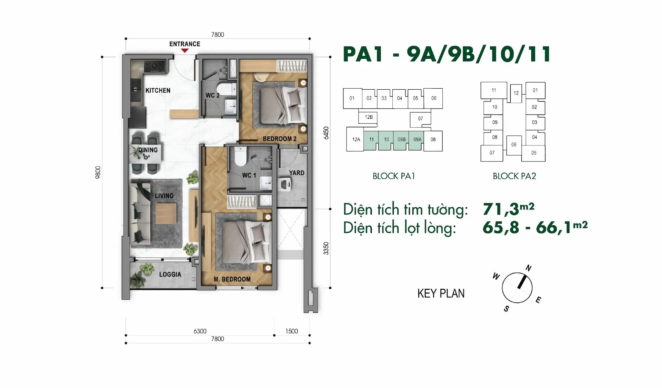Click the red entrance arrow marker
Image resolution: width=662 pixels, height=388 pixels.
[x=185, y=50]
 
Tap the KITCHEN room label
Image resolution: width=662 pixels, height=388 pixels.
[x=158, y=90]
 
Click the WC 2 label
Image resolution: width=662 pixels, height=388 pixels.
[x=212, y=95]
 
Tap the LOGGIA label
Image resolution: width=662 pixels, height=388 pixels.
[x=170, y=275]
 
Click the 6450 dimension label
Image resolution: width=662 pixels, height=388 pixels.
[x=326, y=133]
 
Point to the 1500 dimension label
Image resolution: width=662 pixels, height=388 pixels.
[x=291, y=331]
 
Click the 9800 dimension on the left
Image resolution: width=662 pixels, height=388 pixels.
[x=98, y=172]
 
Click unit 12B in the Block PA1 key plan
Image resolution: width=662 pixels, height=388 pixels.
[x=368, y=117]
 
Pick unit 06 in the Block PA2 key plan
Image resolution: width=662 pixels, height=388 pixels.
[x=514, y=145]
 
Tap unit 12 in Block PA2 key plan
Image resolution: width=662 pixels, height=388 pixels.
[x=516, y=93]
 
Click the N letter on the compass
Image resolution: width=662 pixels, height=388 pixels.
[x=528, y=268]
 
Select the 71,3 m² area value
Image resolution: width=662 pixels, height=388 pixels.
[x=509, y=209]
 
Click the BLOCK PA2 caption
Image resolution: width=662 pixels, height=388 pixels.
[x=514, y=176]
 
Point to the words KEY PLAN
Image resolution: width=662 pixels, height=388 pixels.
[x=441, y=294]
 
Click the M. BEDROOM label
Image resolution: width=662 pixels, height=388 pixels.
[x=232, y=279]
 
